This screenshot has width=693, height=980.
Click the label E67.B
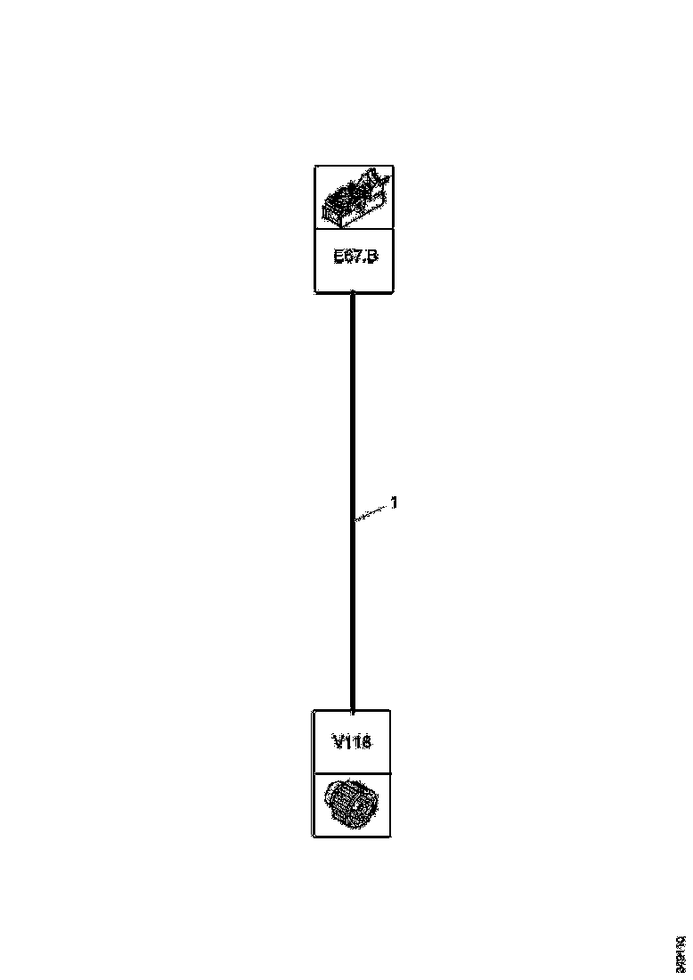tap(355, 257)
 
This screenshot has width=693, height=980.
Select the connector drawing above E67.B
tap(355, 196)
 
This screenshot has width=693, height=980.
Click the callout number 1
tap(394, 503)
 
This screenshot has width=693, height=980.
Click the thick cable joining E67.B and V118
tap(354, 401)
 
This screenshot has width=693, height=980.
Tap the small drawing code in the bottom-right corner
tap(680, 953)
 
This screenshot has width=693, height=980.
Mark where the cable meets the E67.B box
tap(354, 292)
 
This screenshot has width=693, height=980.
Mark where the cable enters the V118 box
tap(353, 711)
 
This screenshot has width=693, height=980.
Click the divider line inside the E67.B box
tap(355, 228)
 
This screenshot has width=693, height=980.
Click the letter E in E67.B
tap(338, 257)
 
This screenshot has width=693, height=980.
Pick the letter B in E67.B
tap(372, 257)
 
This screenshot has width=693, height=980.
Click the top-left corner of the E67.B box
tap(315, 167)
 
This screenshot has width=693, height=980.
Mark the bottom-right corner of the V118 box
tap(389, 836)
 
